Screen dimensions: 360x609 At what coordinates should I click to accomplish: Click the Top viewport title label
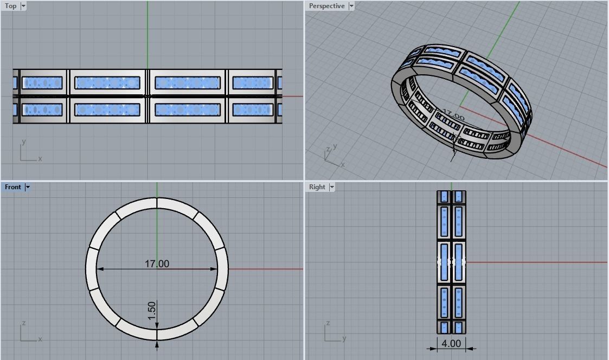(11, 6)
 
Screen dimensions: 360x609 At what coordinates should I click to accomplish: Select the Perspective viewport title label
(326, 6)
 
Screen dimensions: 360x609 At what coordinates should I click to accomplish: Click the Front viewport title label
(13, 187)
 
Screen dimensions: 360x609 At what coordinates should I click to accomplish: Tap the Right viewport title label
(317, 187)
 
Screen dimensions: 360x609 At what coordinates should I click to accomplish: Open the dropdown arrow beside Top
(23, 6)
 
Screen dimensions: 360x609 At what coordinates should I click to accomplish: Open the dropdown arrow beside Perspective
(351, 6)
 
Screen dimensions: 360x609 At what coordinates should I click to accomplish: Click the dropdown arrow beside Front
(28, 187)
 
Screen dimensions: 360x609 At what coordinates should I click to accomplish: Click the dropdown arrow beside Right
(332, 187)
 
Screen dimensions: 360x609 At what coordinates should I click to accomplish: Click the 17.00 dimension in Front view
(157, 263)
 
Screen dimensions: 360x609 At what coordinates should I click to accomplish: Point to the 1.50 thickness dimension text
(152, 310)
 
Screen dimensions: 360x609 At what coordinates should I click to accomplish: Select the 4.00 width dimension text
(451, 343)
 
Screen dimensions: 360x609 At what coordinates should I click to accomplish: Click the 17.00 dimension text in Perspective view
(453, 115)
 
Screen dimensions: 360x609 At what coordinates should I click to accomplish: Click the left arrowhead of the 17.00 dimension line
(100, 269)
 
